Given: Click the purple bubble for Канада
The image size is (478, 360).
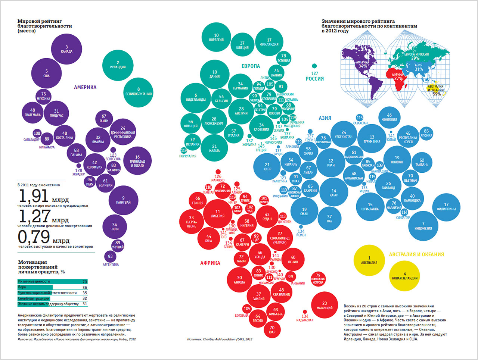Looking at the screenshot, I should (66, 49).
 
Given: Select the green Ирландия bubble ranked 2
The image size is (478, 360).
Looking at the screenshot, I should (118, 65).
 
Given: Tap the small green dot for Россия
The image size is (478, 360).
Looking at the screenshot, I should (314, 66).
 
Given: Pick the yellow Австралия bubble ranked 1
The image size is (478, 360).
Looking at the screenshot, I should (369, 260).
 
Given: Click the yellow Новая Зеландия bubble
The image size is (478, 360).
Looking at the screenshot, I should (405, 276).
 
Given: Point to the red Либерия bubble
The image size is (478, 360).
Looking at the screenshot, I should (218, 214).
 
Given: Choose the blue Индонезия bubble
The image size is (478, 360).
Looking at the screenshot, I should (423, 226).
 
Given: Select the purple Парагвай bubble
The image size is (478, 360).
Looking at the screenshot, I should (123, 200).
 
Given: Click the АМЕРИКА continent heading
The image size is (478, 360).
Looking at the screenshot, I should (85, 87).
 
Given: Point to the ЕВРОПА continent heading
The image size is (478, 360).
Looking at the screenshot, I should (251, 66).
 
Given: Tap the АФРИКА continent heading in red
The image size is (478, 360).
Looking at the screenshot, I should (210, 263).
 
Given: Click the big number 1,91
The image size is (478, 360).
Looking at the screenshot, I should (34, 196).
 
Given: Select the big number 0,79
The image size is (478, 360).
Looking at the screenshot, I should (34, 237).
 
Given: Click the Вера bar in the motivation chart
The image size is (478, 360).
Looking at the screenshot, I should (35, 287).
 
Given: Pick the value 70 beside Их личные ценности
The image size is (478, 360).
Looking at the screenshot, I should (85, 282).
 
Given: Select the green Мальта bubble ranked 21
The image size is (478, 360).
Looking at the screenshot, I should (214, 148).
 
